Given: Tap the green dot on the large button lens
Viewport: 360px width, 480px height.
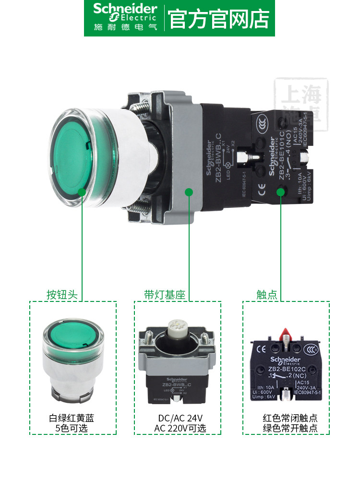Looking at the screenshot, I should point(82,192).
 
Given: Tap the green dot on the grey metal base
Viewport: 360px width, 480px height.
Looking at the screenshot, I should point(189,192).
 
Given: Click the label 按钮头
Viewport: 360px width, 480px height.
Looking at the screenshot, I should point(62,294).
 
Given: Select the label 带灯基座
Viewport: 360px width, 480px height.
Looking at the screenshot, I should point(164,294).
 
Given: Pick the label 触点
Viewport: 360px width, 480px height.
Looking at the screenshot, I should point(267,294).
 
